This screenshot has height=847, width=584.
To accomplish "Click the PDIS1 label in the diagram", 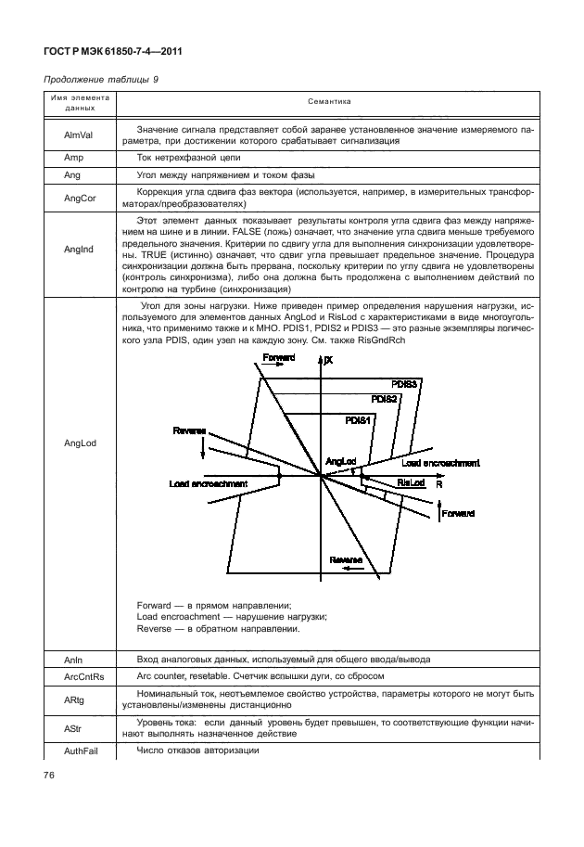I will (x=358, y=420).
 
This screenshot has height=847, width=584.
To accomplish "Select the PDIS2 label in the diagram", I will (x=384, y=399).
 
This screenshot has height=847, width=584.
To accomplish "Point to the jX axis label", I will (x=328, y=360).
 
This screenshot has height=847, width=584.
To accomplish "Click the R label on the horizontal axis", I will (x=438, y=484).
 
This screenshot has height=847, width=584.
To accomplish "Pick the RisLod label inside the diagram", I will (x=411, y=482).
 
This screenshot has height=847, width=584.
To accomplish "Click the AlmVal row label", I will (x=77, y=135).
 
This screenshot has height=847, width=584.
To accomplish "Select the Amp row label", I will (x=74, y=159).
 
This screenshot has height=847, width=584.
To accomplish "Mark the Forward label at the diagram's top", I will (x=279, y=357).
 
